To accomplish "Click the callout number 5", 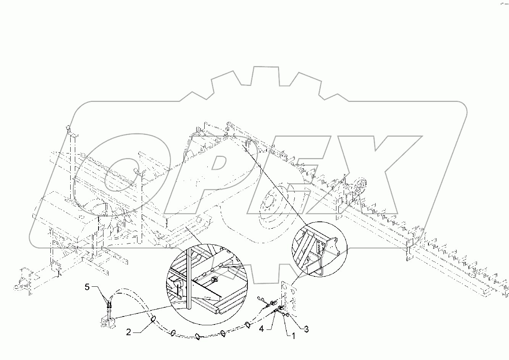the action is [x=87, y=287].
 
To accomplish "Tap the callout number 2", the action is [x=129, y=332].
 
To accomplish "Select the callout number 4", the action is [x=261, y=329].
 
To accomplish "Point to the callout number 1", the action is [x=293, y=336].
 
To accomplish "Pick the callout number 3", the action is [x=306, y=329].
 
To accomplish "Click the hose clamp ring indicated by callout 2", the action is [x=154, y=318].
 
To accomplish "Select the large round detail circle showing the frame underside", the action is [x=207, y=284].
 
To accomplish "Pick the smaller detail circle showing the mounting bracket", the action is [x=320, y=249].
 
